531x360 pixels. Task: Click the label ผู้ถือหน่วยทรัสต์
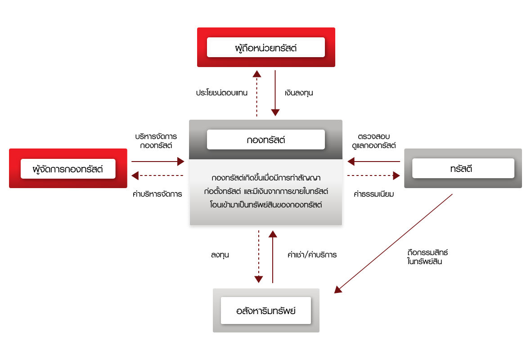point(265,47)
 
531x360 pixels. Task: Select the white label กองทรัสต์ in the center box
point(265,139)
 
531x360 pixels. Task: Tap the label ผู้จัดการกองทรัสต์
point(68,169)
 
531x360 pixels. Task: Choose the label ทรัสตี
point(463,168)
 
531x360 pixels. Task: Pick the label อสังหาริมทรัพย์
point(265,310)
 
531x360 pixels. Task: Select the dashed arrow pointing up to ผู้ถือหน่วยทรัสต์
point(256,94)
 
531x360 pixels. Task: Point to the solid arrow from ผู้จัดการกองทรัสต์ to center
point(157,162)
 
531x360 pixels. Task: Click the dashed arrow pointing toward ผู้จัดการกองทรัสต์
point(157,175)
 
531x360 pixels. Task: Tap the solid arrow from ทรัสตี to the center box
point(373,162)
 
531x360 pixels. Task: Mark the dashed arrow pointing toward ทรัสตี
point(373,175)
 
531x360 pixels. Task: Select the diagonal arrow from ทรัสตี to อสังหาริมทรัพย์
point(394,243)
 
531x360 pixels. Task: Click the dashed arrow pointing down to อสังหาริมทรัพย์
point(258,256)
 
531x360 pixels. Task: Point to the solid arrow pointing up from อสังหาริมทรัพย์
point(273,256)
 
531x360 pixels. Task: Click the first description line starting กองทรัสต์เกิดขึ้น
point(265,178)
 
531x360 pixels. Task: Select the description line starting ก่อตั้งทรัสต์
point(265,191)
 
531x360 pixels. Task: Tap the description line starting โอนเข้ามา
point(265,205)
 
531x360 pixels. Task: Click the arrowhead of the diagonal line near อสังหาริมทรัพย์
point(338,289)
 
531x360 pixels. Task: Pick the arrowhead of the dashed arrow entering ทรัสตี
point(396,175)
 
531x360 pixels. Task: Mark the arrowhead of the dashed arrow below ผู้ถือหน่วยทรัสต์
point(256,74)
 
